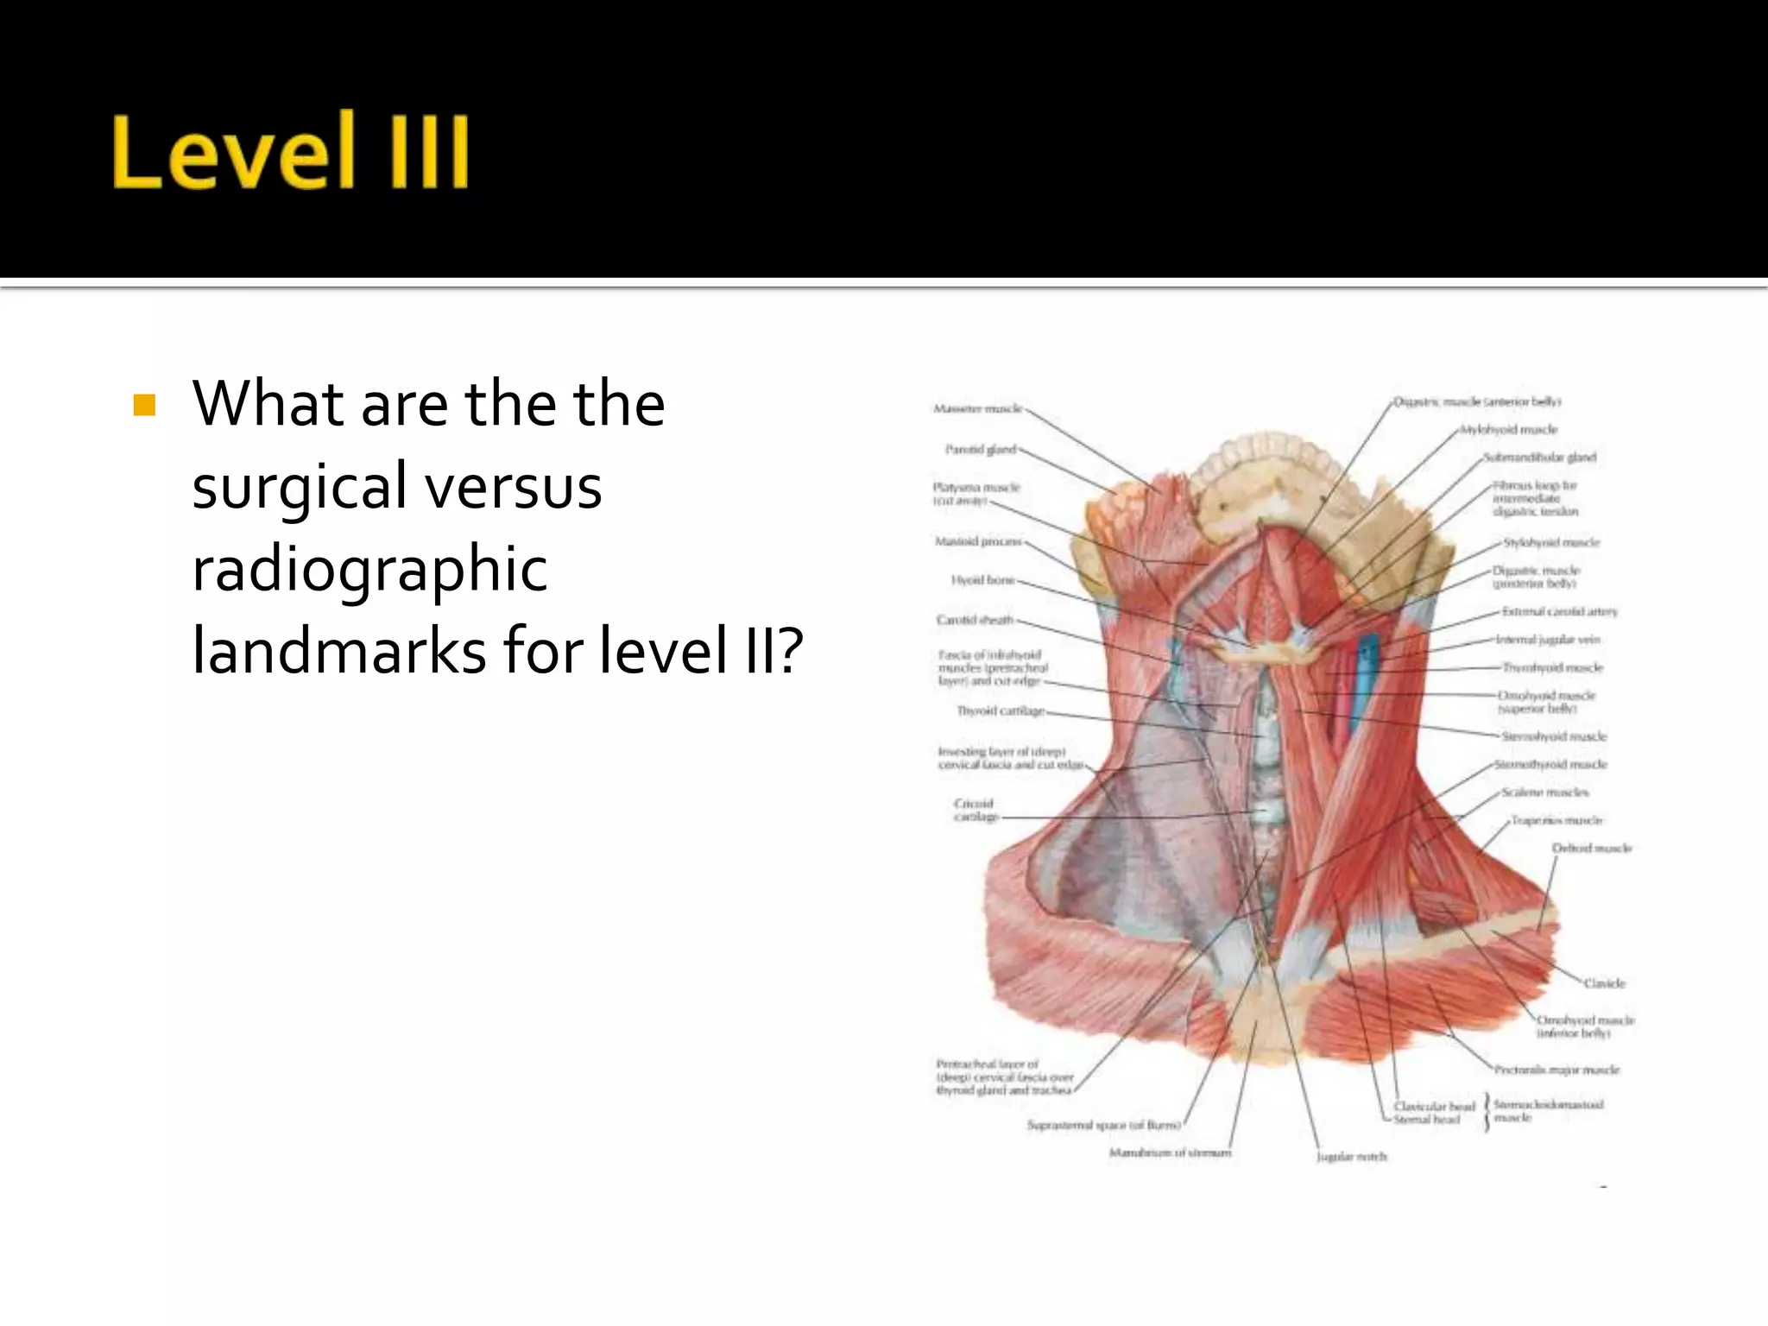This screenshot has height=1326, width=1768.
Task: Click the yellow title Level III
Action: pos(291,151)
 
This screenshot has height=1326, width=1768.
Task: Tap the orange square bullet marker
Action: pos(144,405)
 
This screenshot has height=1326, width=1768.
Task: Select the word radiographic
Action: pos(369,570)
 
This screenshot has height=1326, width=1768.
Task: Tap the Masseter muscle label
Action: pos(977,408)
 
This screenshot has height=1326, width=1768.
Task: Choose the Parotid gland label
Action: pos(981,450)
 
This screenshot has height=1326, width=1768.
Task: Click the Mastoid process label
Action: pos(978,542)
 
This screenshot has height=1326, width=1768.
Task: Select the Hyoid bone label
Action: pos(983,580)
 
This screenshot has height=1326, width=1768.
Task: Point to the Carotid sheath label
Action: pos(975,620)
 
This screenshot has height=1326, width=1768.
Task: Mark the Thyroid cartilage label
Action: pos(1001,711)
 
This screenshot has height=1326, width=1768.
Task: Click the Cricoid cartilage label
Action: pos(976,810)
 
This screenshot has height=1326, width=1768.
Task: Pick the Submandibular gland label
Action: pos(1540,458)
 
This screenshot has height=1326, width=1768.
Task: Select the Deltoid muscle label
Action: pos(1592,849)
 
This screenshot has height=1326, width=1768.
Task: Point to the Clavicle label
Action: pos(1604,983)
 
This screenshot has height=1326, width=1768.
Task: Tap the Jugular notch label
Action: pos(1352,1157)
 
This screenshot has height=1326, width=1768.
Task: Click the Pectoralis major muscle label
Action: pos(1557,1070)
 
